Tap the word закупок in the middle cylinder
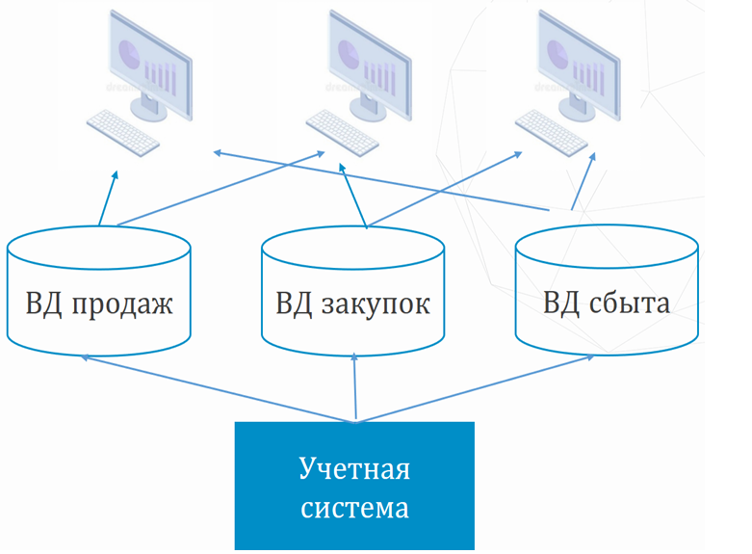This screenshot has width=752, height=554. [377, 305]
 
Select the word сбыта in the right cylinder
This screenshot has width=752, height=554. [632, 305]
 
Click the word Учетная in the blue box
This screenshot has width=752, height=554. [354, 470]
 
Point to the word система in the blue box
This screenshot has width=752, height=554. [354, 507]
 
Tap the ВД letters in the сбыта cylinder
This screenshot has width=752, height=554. [560, 304]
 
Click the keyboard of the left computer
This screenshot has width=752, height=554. [123, 132]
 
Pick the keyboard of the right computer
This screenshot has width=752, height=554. [551, 132]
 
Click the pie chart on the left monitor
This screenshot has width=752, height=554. [129, 51]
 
